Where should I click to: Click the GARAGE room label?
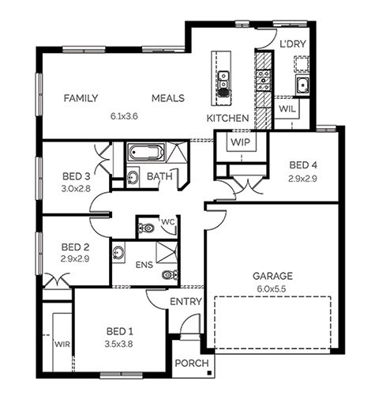272,276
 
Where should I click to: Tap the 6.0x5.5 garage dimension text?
272,289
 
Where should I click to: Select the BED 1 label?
120,331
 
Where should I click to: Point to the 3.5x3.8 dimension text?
118,344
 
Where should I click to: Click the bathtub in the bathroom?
146,152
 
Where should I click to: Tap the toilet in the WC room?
145,228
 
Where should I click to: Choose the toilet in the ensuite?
170,275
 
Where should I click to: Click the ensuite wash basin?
118,252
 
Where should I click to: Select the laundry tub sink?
302,85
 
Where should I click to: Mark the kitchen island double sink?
223,80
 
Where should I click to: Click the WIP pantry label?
240,142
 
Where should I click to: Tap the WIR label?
62,344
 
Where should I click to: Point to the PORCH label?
192,363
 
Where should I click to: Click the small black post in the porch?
209,372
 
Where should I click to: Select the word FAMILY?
81,98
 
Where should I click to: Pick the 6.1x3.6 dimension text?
124,116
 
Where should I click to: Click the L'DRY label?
293,43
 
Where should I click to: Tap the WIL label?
287,109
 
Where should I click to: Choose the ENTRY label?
186,301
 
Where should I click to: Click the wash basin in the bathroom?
133,177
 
